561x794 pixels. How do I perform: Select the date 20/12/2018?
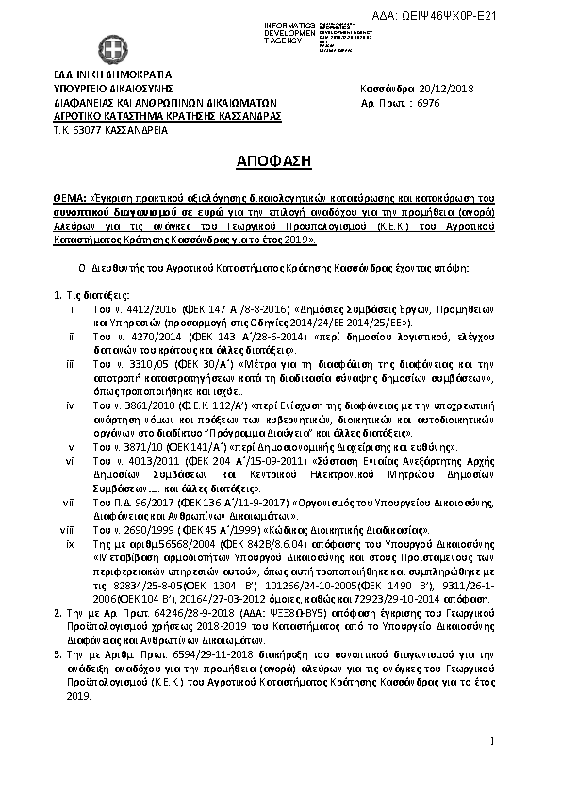(442, 89)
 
